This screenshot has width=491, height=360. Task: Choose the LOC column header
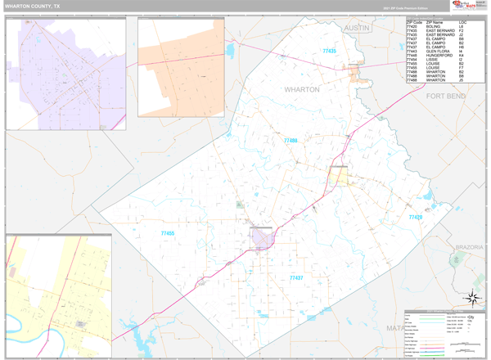point(462,22)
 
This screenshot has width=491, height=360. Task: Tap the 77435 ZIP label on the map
point(329,52)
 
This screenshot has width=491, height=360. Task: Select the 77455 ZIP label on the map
point(168,234)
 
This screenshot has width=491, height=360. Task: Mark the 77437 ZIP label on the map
point(296,278)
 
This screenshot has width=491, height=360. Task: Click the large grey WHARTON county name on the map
point(302,89)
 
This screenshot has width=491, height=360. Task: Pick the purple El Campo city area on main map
point(261,238)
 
